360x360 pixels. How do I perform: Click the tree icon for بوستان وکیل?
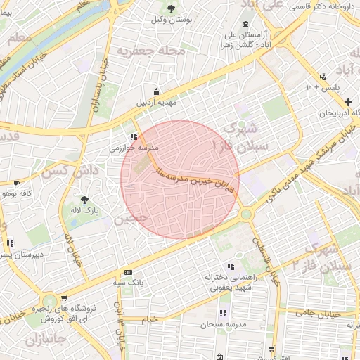point(172,8)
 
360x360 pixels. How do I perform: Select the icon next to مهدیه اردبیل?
point(155,91)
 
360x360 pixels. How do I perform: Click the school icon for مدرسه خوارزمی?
point(133,137)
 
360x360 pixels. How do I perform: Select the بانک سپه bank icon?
point(128,272)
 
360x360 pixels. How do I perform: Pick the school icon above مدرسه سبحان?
point(223,313)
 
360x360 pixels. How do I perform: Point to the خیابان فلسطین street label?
point(268,257)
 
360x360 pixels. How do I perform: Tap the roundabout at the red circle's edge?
point(245,213)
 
